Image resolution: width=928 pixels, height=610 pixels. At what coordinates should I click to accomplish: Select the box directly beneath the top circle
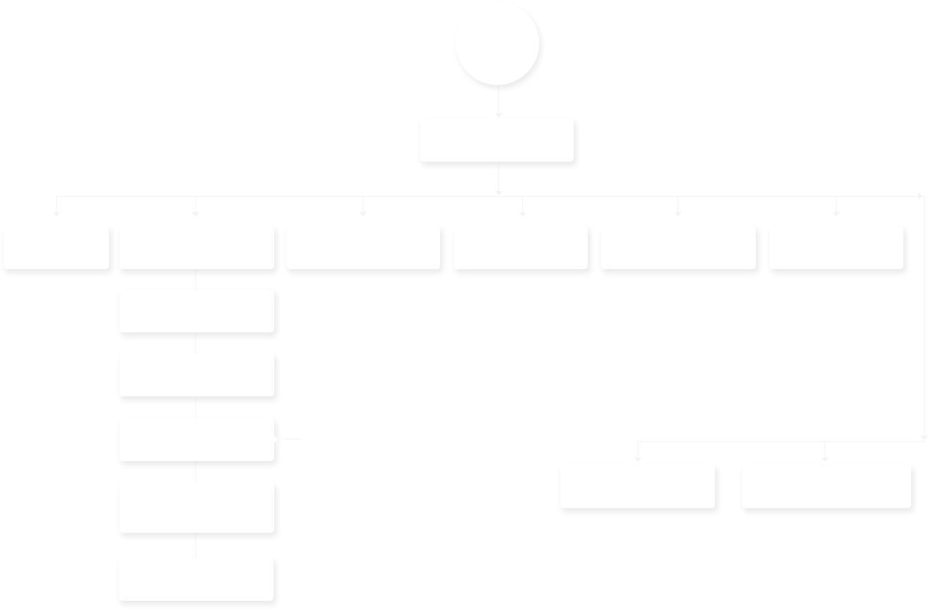click(x=498, y=141)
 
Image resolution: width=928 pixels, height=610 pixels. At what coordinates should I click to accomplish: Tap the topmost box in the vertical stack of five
click(x=196, y=310)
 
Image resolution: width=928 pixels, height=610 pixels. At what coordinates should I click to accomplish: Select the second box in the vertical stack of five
click(x=196, y=375)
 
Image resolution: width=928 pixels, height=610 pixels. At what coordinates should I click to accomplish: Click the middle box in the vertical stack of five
click(x=196, y=440)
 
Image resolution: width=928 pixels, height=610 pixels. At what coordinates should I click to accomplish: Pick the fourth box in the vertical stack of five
click(x=196, y=507)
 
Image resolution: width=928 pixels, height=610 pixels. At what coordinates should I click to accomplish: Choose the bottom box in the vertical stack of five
click(x=196, y=578)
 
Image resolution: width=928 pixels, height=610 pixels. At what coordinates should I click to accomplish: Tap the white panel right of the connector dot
click(x=391, y=437)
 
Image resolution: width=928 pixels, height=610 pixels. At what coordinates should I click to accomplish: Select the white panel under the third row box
click(x=363, y=311)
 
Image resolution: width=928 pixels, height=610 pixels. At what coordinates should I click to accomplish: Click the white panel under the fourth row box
click(x=520, y=311)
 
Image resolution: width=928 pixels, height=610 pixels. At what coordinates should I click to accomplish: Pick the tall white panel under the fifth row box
click(x=676, y=328)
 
